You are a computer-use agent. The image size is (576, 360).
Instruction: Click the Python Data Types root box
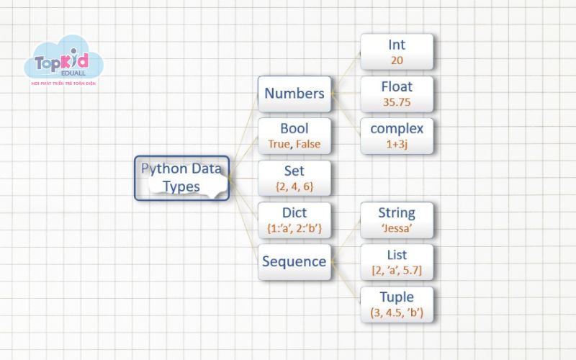point(181,178)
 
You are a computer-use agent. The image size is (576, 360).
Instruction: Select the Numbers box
point(294,94)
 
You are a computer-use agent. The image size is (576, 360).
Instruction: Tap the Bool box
point(294,135)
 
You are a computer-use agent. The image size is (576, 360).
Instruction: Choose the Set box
point(294,178)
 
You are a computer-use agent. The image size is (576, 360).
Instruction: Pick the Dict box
point(294,220)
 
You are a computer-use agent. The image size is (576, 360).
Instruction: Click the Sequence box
point(294,262)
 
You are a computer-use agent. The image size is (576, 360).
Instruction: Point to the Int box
point(397,52)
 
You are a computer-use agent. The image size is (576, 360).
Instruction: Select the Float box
point(397,94)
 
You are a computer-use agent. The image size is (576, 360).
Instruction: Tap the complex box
point(397,135)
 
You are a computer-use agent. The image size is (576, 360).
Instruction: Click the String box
point(397,220)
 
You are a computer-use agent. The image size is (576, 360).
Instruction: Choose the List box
point(397,262)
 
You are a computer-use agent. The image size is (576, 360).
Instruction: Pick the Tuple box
point(397,304)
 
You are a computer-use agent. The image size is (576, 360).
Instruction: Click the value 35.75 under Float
point(397,102)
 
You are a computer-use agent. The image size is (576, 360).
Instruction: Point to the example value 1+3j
point(397,144)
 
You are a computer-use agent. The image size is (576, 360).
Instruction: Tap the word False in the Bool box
point(307,144)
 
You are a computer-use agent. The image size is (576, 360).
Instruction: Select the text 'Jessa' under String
point(397,228)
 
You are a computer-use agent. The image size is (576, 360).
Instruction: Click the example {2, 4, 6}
point(294,186)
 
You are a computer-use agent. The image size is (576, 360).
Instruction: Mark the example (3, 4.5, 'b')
point(397,312)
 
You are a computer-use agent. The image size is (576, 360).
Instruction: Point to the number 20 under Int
point(397,60)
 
